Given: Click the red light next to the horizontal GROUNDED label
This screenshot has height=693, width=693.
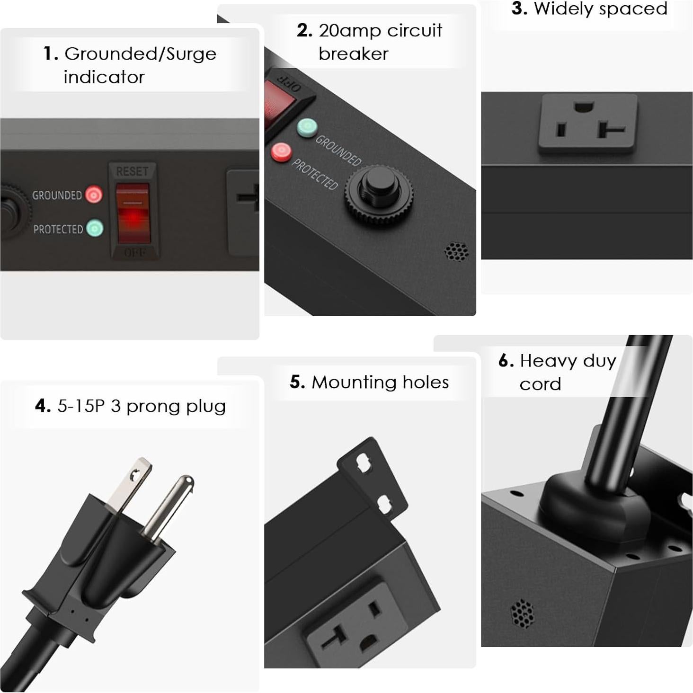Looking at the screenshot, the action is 94,195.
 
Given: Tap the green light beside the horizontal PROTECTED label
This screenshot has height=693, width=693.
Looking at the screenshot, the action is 95,228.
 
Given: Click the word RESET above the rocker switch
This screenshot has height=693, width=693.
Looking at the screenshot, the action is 132,171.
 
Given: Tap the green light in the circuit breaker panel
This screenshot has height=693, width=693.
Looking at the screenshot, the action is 307,128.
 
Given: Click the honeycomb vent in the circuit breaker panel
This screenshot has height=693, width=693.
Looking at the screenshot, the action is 456,251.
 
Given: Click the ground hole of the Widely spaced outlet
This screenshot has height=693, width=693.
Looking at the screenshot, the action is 583,107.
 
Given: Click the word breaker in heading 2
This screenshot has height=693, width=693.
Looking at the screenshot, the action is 353,54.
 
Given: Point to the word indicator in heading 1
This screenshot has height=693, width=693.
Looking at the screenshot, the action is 104,77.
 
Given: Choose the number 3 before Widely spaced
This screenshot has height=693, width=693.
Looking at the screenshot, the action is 519,9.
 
